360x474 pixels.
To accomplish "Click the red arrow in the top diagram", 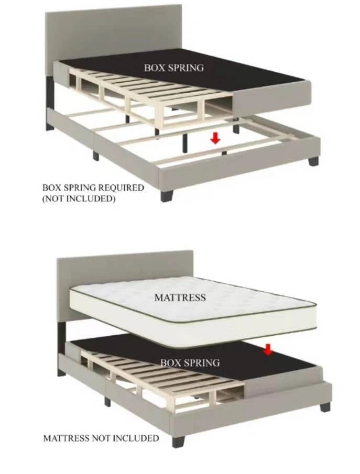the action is point(215,138).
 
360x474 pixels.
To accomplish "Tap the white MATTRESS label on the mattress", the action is point(180,297).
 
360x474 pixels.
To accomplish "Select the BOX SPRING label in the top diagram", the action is point(174,68).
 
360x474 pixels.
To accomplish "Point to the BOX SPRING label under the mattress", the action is point(190,362).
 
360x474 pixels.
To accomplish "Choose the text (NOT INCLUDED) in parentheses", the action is point(79,199).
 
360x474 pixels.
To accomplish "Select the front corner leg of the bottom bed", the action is point(179,441).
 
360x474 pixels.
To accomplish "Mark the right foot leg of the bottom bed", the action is point(325,407).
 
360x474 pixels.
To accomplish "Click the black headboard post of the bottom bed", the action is point(61,336).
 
